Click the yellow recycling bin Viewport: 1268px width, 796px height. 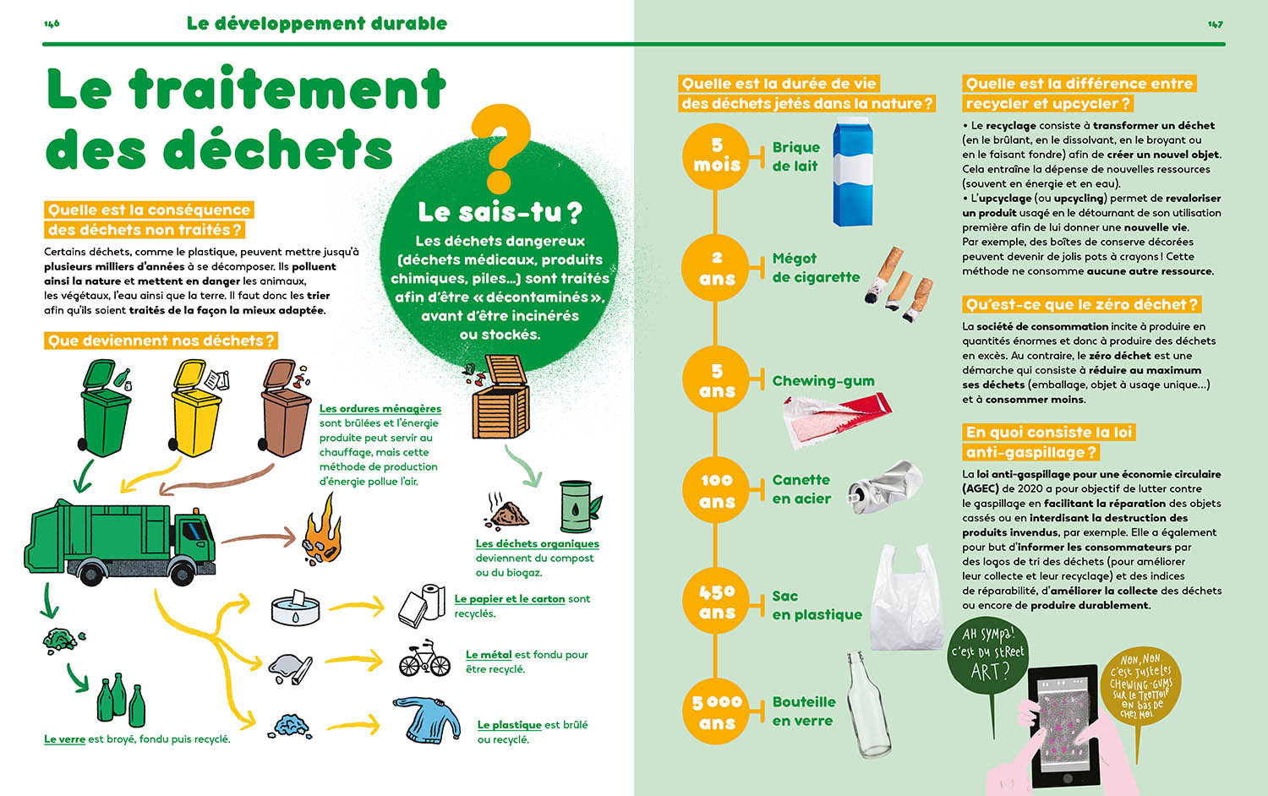pyautogui.click(x=196, y=410)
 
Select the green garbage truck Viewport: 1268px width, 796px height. pyautogui.click(x=120, y=536)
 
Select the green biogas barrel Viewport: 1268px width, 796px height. pyautogui.click(x=577, y=506)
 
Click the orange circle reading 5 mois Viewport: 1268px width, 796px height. pyautogui.click(x=716, y=155)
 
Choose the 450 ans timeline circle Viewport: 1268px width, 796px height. pyautogui.click(x=716, y=602)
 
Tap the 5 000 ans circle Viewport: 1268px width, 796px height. pyautogui.click(x=716, y=712)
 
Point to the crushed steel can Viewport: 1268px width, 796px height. pyautogui.click(x=884, y=487)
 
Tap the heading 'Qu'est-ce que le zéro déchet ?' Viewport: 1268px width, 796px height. pyautogui.click(x=1081, y=304)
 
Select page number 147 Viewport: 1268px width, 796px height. pyautogui.click(x=1215, y=25)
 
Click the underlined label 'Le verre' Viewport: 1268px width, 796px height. pyautogui.click(x=64, y=739)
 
